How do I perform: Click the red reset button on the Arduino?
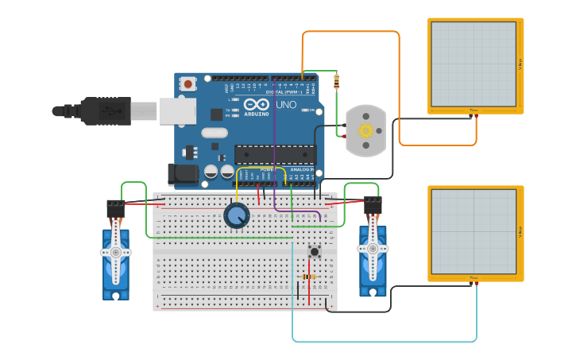[x=187, y=83]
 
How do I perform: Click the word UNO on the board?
[x=286, y=104]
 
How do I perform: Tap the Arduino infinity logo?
[x=257, y=103]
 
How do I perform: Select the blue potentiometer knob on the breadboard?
[x=236, y=215]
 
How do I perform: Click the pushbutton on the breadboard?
[x=314, y=251]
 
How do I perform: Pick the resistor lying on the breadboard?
[x=307, y=277]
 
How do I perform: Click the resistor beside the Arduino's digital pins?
[x=336, y=80]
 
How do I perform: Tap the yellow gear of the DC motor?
[x=365, y=130]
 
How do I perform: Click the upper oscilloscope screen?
[x=474, y=64]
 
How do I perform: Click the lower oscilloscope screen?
[x=474, y=231]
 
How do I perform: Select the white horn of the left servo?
[x=116, y=253]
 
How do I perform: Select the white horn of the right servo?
[x=372, y=249]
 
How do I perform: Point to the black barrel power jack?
[x=181, y=174]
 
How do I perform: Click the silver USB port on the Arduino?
[x=177, y=111]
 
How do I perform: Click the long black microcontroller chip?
[x=275, y=154]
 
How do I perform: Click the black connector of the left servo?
[x=115, y=208]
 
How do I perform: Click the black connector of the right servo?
[x=372, y=205]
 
